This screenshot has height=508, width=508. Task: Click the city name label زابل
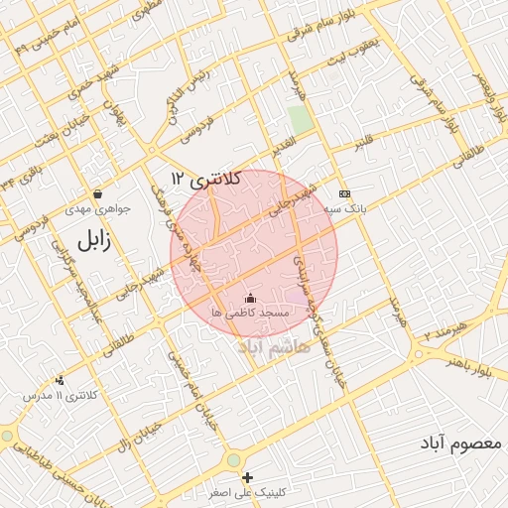point(89,239)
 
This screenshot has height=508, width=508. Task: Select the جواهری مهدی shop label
point(93,209)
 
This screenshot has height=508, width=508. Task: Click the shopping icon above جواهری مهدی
point(96,193)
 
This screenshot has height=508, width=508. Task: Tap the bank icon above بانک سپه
point(344,193)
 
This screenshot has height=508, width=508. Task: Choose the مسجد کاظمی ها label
point(249,313)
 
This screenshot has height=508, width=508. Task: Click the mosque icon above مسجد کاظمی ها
point(250,298)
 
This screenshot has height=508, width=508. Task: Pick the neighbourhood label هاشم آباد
point(274,347)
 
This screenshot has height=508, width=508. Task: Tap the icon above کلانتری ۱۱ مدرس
point(61,380)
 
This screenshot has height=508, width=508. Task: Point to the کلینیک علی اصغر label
point(248,492)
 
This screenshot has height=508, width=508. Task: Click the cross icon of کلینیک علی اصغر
point(248,478)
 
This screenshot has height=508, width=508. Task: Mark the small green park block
point(300,120)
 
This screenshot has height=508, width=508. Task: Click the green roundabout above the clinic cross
point(234,460)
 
